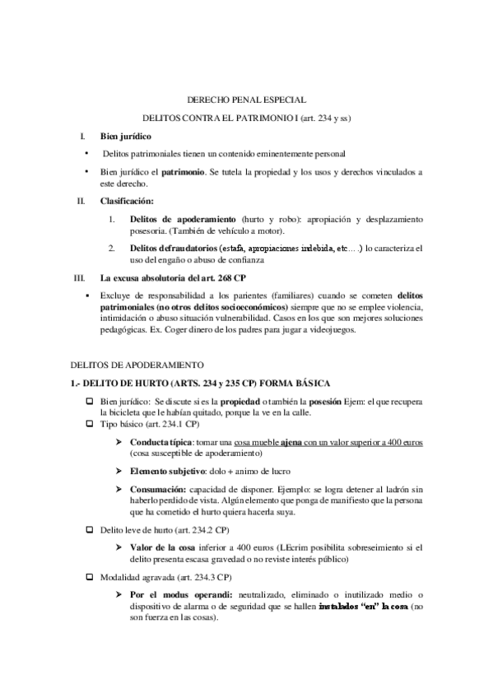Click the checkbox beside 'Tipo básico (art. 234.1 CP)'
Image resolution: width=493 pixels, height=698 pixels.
[90, 424]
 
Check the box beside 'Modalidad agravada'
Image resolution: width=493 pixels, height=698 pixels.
[90, 579]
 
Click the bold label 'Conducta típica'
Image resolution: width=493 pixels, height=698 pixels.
[156, 442]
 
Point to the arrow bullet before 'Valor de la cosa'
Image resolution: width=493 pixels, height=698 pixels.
[120, 547]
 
